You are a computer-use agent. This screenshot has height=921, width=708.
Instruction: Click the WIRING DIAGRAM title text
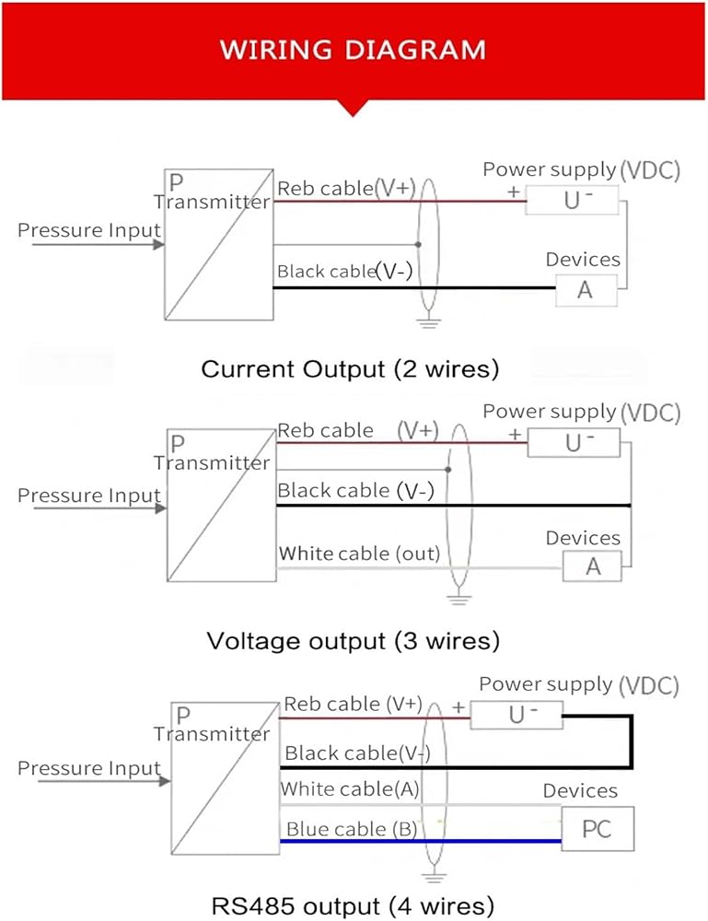tap(353, 50)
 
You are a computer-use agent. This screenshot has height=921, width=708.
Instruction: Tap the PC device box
tap(598, 829)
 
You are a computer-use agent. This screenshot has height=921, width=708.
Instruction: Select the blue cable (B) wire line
tap(421, 841)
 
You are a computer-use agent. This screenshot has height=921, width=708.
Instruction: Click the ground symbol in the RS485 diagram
tap(434, 877)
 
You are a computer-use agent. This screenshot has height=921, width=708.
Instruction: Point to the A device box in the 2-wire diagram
tap(586, 290)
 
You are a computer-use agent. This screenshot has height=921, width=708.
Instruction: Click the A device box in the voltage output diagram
tap(592, 566)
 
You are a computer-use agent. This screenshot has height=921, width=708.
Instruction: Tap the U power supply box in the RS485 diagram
tap(516, 715)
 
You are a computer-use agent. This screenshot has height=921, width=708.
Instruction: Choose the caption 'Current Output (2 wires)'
tap(350, 369)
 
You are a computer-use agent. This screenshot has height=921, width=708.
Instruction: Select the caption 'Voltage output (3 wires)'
tap(353, 640)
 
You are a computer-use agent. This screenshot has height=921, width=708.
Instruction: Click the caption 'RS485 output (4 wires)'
tap(353, 905)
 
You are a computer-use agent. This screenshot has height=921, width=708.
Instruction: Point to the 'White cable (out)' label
tap(359, 554)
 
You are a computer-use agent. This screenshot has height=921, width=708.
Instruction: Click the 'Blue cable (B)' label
tap(352, 829)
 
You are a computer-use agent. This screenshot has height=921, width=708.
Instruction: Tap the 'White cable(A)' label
tap(350, 789)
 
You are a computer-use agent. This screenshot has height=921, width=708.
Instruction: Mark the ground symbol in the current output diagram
tap(428, 321)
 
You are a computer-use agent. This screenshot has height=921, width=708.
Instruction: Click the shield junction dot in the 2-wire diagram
tap(418, 244)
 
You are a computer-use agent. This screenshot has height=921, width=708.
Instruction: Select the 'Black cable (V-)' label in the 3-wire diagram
tap(355, 491)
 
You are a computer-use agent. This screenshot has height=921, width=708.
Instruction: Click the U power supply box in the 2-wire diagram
tap(572, 200)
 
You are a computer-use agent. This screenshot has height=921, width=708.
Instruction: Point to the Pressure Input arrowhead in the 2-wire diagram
tap(158, 244)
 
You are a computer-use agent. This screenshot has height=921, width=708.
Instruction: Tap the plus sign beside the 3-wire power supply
tap(515, 434)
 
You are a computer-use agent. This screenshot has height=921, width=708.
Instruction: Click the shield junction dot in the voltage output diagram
tap(448, 470)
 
